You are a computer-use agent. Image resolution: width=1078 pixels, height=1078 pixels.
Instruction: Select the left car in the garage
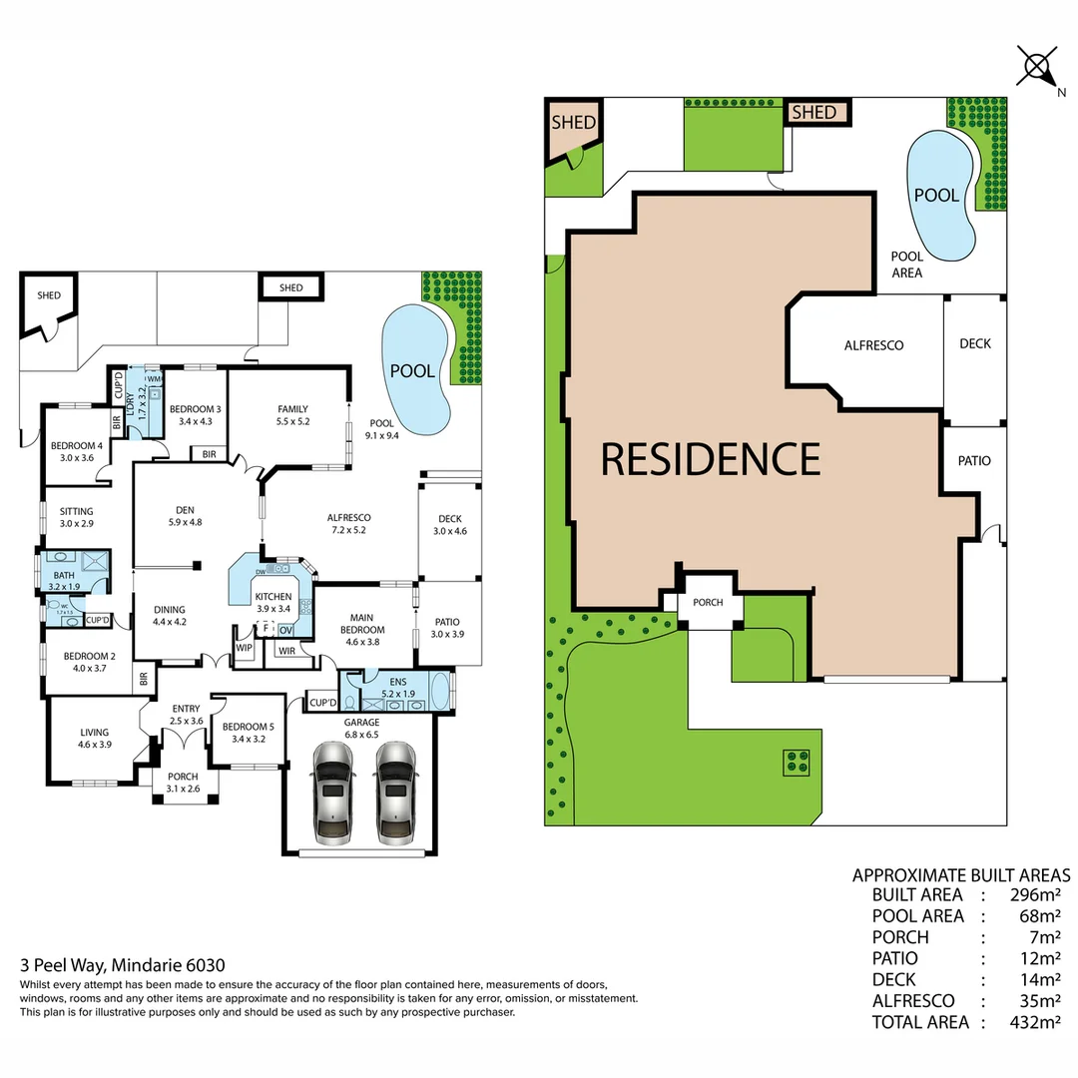(332, 792)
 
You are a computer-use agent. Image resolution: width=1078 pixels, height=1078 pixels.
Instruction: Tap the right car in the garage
(394, 792)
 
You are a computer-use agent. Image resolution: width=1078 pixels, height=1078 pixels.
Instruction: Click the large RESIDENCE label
(710, 459)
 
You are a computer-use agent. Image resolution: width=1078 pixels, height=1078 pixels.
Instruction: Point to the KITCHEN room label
(272, 596)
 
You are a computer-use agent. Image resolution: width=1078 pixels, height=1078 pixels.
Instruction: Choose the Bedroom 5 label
(244, 727)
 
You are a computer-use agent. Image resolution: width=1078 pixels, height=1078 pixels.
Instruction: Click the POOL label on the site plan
(935, 195)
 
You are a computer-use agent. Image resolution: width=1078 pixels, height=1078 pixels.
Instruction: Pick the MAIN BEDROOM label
(361, 623)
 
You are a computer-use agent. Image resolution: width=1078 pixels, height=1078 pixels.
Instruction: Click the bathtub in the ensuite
(439, 692)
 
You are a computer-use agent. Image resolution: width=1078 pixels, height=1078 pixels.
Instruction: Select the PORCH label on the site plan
(708, 602)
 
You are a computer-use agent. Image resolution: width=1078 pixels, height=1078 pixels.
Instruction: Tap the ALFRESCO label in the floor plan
(349, 518)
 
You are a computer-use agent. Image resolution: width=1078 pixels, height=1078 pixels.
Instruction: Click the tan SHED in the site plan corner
(573, 124)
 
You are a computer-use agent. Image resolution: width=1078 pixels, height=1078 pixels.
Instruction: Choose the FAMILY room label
(292, 409)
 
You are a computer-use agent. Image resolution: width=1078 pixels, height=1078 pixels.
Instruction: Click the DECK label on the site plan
(974, 343)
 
